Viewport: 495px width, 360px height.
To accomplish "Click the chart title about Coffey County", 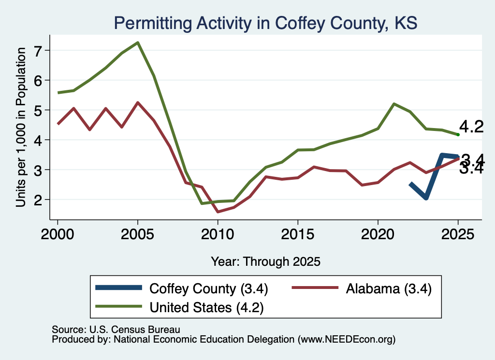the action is click(x=265, y=23).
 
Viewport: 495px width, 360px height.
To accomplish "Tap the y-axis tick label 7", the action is click(x=38, y=50).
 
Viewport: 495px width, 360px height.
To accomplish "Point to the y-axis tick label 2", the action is click(x=38, y=200).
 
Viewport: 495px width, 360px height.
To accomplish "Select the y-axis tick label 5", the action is click(x=38, y=110).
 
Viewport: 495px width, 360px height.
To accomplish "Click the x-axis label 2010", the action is click(x=218, y=234).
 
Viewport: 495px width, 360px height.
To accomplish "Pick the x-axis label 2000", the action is click(x=58, y=234).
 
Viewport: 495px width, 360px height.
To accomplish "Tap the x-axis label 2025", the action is click(x=458, y=234).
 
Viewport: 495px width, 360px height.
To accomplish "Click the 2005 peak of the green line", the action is click(x=138, y=43).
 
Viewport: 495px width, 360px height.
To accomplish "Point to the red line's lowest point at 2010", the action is click(x=218, y=211).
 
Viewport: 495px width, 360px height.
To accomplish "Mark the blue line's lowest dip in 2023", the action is click(x=426, y=198).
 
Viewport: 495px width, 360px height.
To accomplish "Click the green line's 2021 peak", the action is click(x=393, y=104).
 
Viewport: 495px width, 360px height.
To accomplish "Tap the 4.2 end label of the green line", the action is click(x=471, y=127).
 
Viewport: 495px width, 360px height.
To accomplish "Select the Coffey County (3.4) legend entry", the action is click(x=182, y=288).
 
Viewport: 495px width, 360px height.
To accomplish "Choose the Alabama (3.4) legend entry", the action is click(x=362, y=288).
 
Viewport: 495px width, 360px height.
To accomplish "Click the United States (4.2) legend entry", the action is click(x=179, y=307).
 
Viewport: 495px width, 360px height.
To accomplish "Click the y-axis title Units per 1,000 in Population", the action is click(x=21, y=127).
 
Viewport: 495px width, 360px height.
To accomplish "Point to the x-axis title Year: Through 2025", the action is click(x=265, y=261).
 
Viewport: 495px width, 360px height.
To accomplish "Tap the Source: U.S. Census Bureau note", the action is click(x=116, y=330).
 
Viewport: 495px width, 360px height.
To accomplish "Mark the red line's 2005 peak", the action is click(x=138, y=103).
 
